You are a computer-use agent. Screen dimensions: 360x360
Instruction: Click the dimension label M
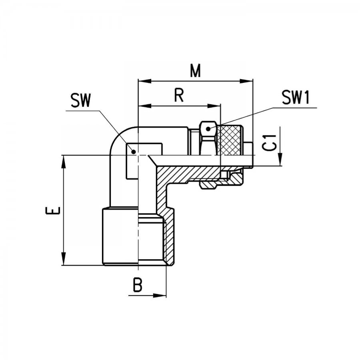[195, 70]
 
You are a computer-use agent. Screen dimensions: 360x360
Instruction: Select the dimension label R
[179, 95]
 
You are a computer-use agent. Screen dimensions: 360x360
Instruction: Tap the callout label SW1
[296, 97]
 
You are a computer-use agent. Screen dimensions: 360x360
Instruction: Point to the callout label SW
[80, 100]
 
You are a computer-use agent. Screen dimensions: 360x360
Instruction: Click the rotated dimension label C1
[269, 142]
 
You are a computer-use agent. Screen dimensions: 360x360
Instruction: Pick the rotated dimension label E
[53, 210]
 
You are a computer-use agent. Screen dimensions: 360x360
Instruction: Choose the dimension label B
[138, 285]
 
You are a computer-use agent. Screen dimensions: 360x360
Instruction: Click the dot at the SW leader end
[133, 152]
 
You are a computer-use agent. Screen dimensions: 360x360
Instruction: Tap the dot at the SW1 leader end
[208, 129]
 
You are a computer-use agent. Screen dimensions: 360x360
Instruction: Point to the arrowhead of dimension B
[160, 296]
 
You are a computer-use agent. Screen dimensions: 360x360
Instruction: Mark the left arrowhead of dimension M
[145, 81]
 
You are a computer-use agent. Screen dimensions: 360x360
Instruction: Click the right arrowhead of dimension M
[246, 81]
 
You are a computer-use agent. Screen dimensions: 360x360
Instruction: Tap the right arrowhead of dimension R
[214, 106]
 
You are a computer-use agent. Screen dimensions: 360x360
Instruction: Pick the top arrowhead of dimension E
[64, 162]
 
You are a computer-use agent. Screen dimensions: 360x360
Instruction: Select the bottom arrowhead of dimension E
[64, 259]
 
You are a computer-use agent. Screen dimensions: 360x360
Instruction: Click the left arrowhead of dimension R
[145, 106]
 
